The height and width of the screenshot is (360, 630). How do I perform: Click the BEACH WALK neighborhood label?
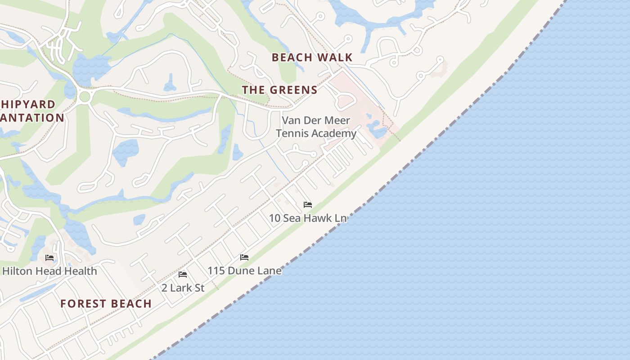(x=312, y=58)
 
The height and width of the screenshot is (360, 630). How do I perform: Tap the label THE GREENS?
(x=279, y=90)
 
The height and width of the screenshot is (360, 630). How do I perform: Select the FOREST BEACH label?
(x=106, y=304)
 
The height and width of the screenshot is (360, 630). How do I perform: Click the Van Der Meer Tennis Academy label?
(x=316, y=127)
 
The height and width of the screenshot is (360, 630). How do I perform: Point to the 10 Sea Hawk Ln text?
(x=308, y=218)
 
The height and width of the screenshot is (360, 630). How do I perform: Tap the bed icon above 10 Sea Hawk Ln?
(x=308, y=205)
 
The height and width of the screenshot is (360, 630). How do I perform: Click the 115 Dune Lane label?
(x=244, y=271)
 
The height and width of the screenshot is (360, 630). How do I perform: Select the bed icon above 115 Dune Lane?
(x=244, y=257)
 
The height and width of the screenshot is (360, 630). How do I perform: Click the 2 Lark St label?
(x=183, y=288)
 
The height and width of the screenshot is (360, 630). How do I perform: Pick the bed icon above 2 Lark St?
(x=183, y=274)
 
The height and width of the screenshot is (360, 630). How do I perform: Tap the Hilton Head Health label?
(x=49, y=271)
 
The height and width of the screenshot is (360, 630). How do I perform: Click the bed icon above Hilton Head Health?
(x=49, y=258)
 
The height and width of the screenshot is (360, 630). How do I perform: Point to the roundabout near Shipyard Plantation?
(x=84, y=96)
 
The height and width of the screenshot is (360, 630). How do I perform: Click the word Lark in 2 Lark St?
(x=181, y=288)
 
